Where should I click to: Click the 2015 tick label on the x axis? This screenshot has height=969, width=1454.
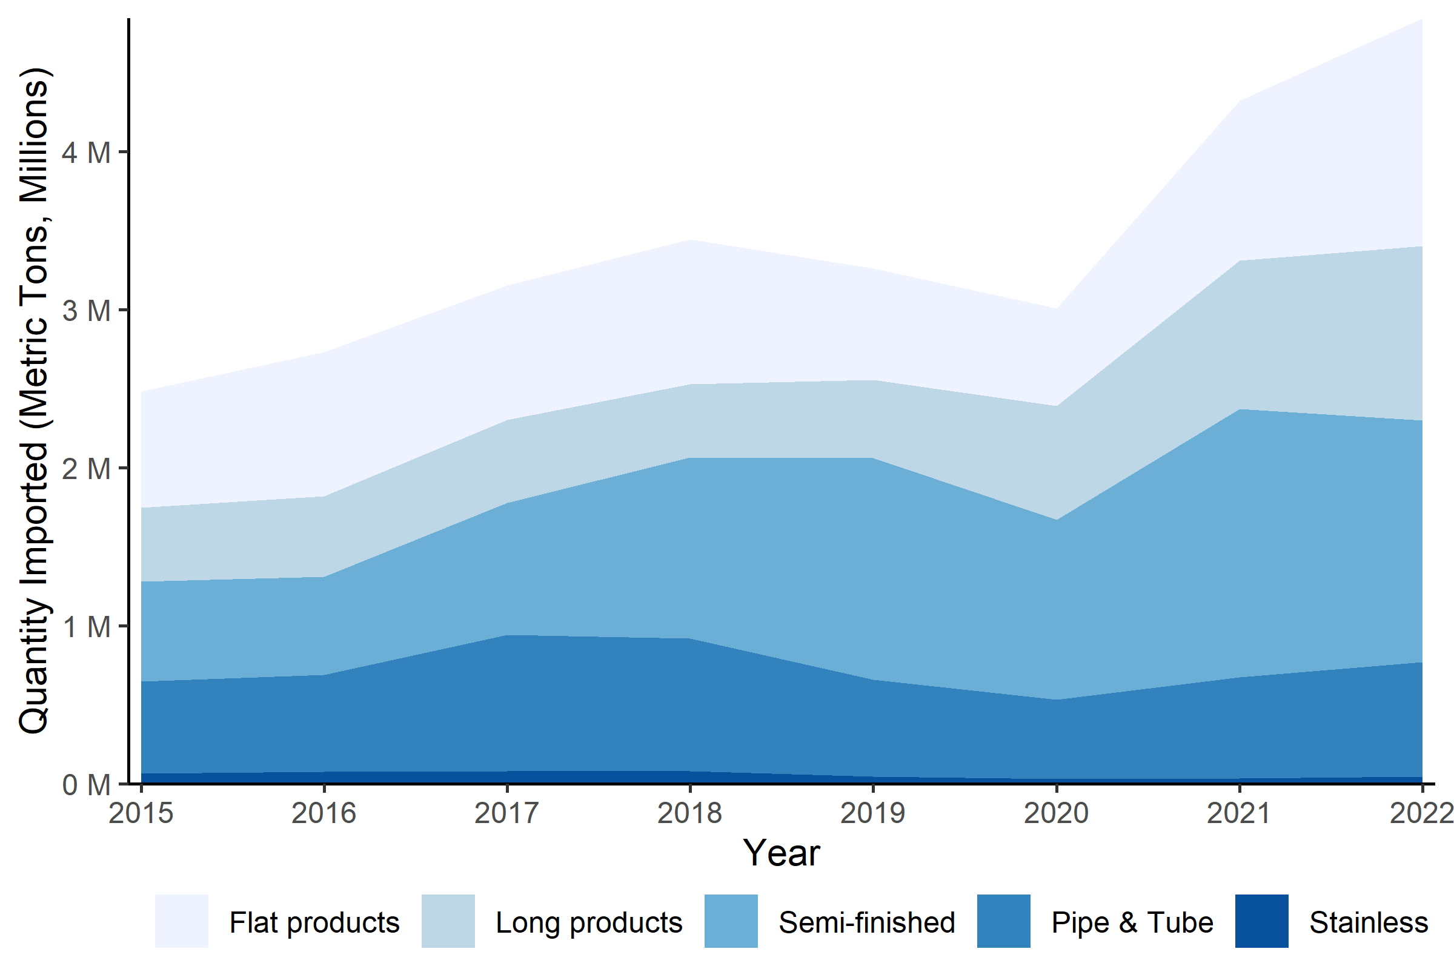coord(141,813)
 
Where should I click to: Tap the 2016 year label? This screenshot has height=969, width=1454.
coord(324,813)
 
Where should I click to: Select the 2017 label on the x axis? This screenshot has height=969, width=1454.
coord(507,813)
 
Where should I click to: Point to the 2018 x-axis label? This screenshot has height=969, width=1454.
coord(690,813)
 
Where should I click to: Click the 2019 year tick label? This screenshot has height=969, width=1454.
coord(873,813)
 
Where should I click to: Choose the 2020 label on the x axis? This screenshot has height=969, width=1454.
coord(1056,813)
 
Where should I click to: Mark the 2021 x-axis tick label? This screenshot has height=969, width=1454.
coord(1239,813)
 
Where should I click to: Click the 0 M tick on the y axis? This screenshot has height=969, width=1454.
coord(87,785)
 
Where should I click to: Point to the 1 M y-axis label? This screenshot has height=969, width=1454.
coord(87,627)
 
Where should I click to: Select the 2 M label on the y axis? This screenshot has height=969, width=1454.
coord(87,468)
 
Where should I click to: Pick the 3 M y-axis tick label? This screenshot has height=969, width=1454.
coord(87,310)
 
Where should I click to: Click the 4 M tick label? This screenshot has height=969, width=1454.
coord(87,152)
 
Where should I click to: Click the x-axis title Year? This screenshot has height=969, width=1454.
coord(782,853)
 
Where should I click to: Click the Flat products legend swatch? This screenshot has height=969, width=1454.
coord(182,921)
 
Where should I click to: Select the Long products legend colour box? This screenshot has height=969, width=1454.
coord(448,921)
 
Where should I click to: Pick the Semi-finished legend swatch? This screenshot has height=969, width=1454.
coord(731,921)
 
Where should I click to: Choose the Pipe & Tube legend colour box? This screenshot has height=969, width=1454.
coord(1004,921)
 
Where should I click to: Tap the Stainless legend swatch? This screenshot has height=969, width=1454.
coord(1262,921)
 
